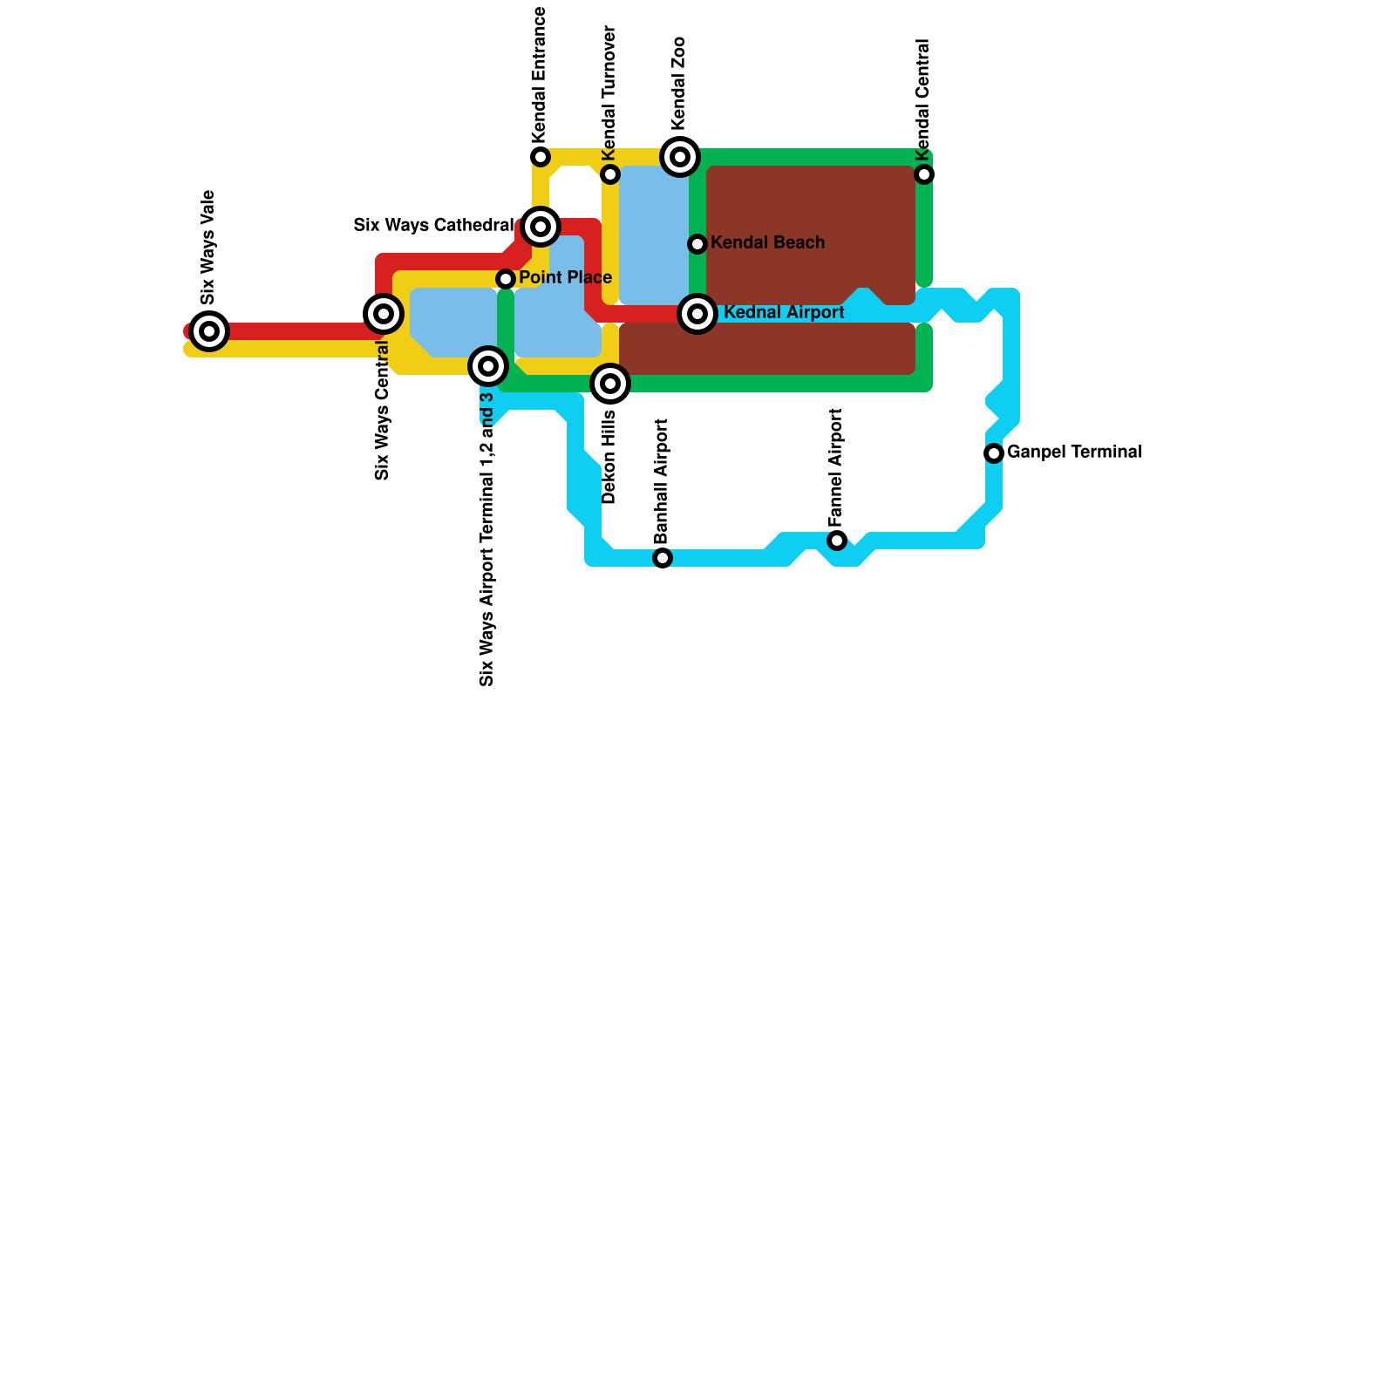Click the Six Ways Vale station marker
(x=209, y=331)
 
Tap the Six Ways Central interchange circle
(x=384, y=314)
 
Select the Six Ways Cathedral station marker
(x=541, y=227)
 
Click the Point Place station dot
(x=506, y=279)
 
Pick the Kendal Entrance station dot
(x=541, y=157)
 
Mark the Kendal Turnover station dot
(x=610, y=174)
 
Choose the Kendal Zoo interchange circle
(x=680, y=157)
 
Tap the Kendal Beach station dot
(x=697, y=244)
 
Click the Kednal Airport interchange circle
(x=697, y=314)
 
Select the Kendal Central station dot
(x=924, y=174)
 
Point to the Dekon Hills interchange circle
(x=610, y=384)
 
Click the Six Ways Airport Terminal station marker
(x=488, y=366)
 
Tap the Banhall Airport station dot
(x=663, y=558)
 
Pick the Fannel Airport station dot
(x=837, y=541)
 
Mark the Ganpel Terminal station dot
(x=994, y=453)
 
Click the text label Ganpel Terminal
(x=1074, y=453)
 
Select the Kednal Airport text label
(x=784, y=313)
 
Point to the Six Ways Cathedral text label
(x=433, y=226)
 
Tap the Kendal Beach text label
(x=767, y=243)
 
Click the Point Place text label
(x=565, y=278)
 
